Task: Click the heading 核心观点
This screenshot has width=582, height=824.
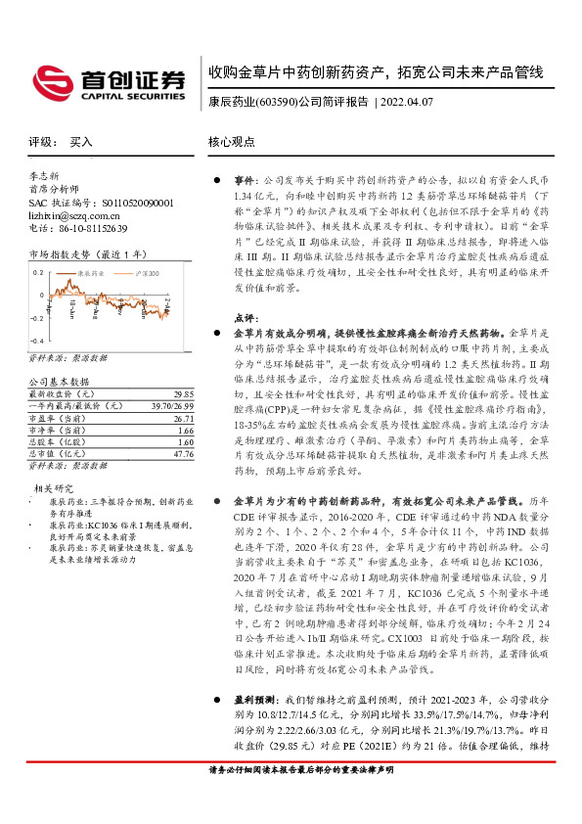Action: click(232, 142)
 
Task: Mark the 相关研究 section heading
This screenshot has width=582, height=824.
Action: click(54, 487)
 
